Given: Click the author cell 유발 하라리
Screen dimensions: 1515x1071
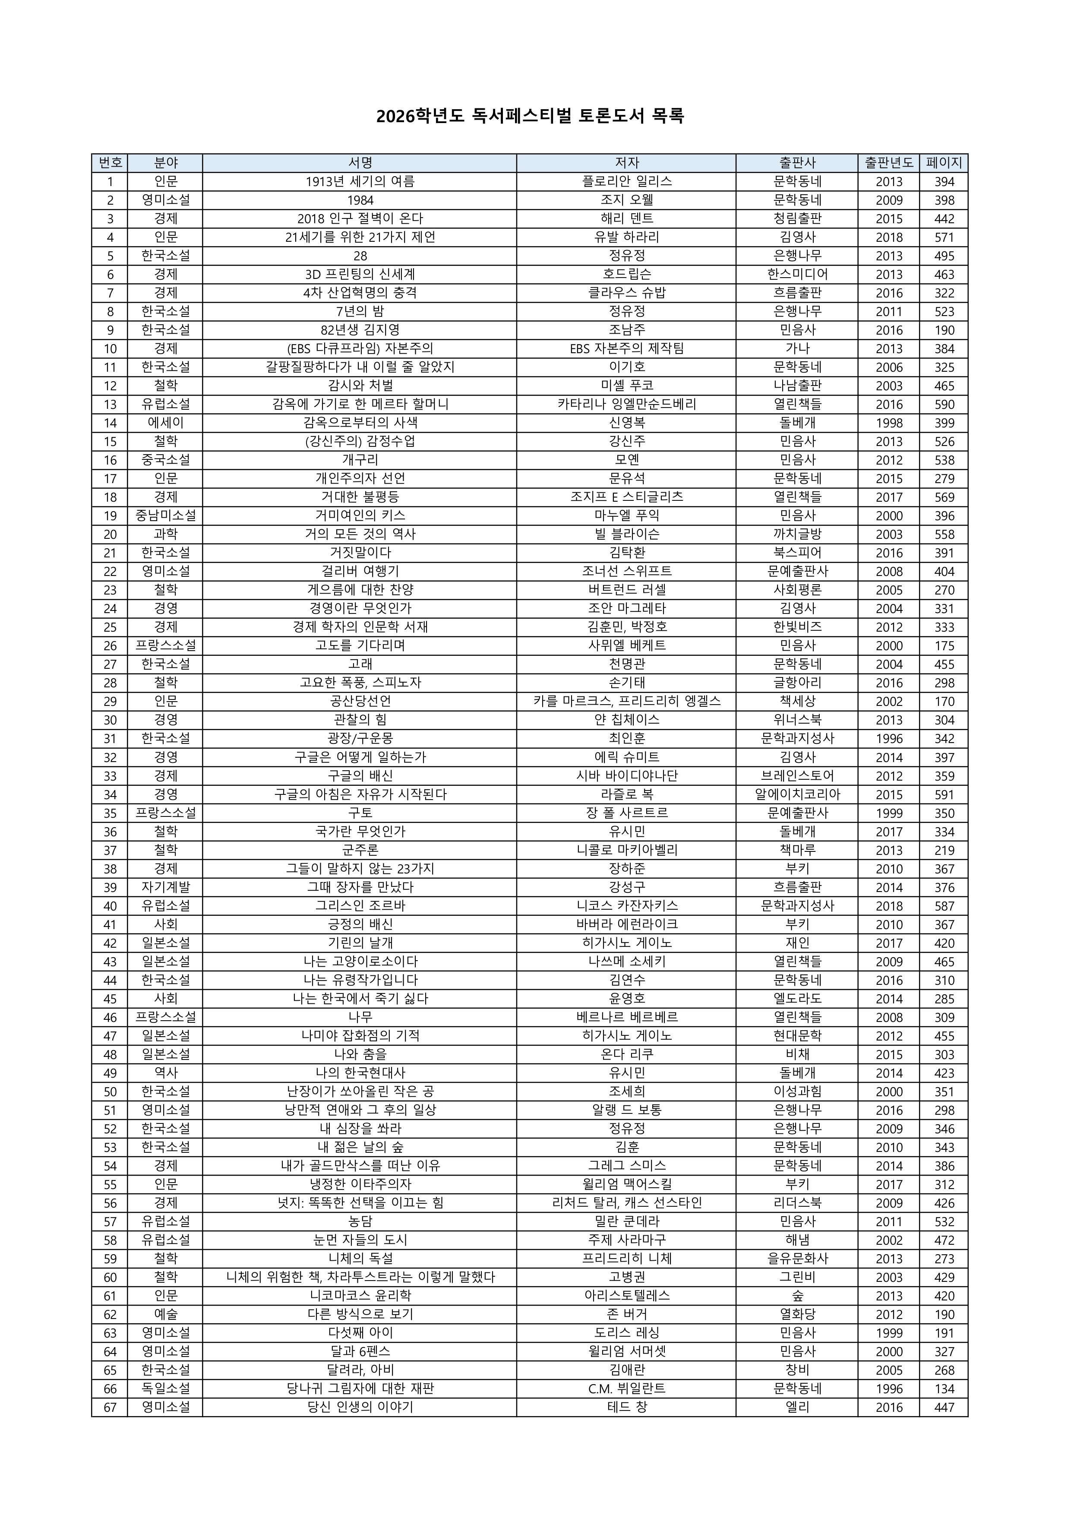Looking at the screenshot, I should pos(626,237).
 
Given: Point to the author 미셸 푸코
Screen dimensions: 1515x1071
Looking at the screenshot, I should pos(626,386).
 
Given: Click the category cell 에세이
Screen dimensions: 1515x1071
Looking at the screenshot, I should pos(166,423).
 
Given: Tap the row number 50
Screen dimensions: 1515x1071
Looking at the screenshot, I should pos(110,1091).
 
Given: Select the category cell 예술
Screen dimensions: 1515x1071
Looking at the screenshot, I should pos(166,1314).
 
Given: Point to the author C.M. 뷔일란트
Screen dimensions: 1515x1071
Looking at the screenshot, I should pos(626,1388).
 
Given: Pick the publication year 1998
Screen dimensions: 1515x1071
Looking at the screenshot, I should pos(888,423).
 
